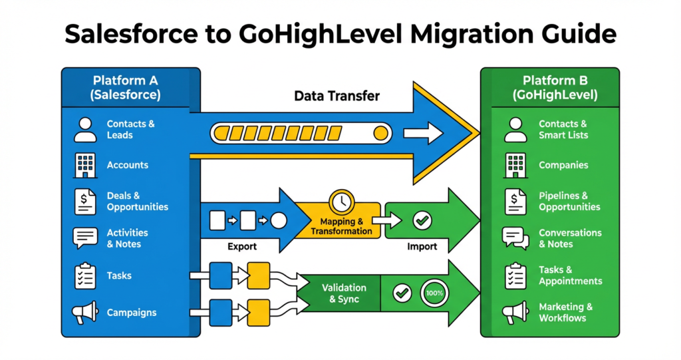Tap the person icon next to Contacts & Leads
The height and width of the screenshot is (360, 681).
(85, 130)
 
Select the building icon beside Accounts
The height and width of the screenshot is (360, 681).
(85, 166)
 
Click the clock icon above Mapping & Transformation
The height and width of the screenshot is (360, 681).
(342, 200)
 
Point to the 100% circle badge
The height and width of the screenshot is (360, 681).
(436, 293)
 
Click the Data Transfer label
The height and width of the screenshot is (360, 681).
(337, 96)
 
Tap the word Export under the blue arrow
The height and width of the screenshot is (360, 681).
(242, 246)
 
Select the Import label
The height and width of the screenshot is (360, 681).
(422, 246)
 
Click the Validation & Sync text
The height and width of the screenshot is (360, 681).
(344, 293)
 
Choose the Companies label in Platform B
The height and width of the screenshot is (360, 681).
(563, 165)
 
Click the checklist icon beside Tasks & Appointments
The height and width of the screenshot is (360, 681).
(515, 276)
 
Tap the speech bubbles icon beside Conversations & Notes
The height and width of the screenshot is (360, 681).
(515, 238)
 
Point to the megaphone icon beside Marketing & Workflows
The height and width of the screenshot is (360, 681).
(515, 313)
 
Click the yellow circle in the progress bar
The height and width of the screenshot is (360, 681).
(381, 133)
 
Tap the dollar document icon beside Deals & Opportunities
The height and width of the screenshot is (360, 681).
(85, 202)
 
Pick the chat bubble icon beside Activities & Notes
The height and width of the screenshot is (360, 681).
(85, 238)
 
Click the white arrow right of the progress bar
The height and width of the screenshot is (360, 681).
(423, 133)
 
